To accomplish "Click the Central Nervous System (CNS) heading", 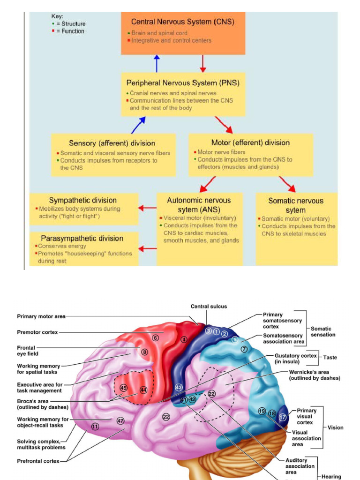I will pyautogui.click(x=182, y=22).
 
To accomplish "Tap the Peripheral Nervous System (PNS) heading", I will pyautogui.click(x=183, y=83).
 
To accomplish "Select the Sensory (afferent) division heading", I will pyautogui.click(x=112, y=143).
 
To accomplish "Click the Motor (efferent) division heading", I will pyautogui.click(x=250, y=142).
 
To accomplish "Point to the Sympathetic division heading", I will pyautogui.click(x=83, y=200).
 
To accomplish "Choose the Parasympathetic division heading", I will pyautogui.click(x=82, y=238).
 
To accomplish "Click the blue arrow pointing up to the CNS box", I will pyautogui.click(x=157, y=63).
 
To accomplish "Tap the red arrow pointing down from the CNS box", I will pyautogui.click(x=203, y=63).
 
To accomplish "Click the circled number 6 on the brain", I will pyautogui.click(x=156, y=337).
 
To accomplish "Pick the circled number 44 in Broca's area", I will pyautogui.click(x=143, y=390).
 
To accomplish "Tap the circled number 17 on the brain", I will pyautogui.click(x=283, y=417).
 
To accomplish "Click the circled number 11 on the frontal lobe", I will pyautogui.click(x=95, y=427).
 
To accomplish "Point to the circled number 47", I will pyautogui.click(x=120, y=420).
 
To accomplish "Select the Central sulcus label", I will pyautogui.click(x=209, y=307).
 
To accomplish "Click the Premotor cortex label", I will pyautogui.click(x=37, y=332).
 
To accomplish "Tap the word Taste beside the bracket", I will pyautogui.click(x=330, y=357).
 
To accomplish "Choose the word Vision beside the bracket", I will pyautogui.click(x=336, y=427).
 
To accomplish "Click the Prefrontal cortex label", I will pyautogui.click(x=38, y=461).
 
